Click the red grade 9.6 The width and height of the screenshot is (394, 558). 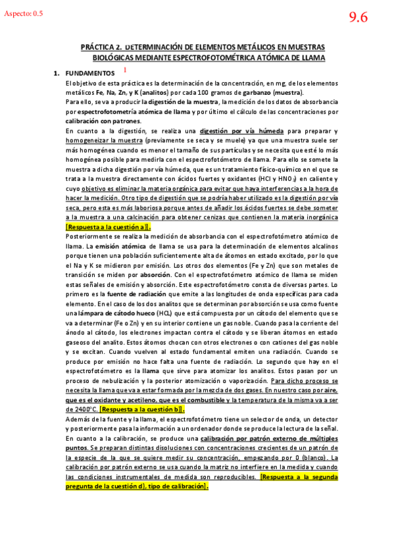pyautogui.click(x=358, y=18)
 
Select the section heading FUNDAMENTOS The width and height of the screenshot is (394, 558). pyautogui.click(x=91, y=73)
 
